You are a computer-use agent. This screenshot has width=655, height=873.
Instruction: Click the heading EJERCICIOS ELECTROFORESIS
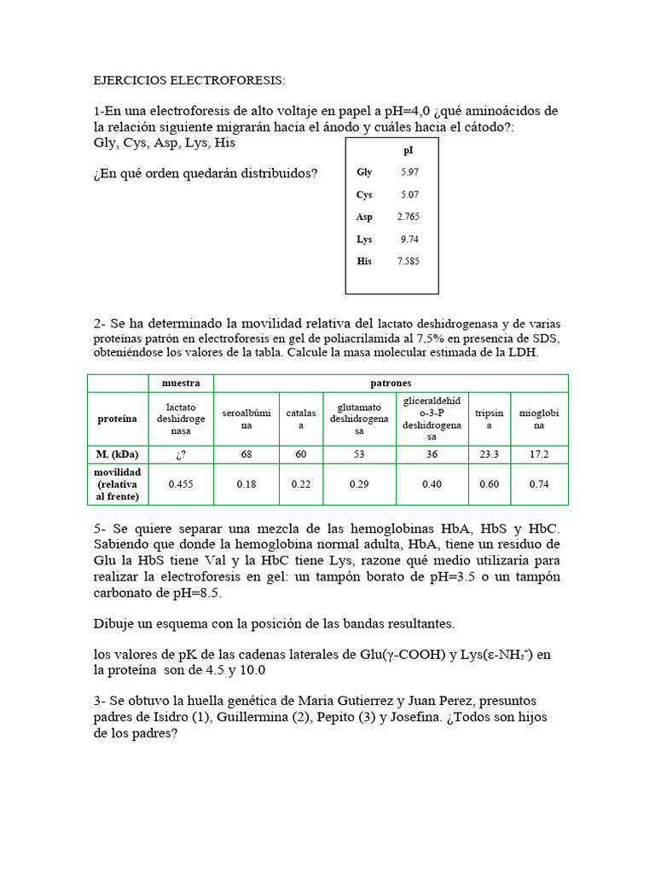[x=189, y=80]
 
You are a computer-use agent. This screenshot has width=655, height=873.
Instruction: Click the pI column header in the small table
[x=409, y=151]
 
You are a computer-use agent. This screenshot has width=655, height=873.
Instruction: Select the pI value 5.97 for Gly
[x=409, y=172]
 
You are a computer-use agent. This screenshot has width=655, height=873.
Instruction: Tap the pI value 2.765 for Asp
[x=409, y=217]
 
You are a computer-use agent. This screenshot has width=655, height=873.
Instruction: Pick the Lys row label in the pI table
[x=364, y=240]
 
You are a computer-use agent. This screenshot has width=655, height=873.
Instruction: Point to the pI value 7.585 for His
[x=409, y=262]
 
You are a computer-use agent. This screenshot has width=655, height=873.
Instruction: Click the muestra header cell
[x=181, y=383]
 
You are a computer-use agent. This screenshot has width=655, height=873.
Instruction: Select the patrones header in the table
[x=391, y=383]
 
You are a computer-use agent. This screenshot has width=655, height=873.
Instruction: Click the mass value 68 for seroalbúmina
[x=246, y=454]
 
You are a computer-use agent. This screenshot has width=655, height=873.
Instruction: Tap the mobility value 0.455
[x=181, y=484]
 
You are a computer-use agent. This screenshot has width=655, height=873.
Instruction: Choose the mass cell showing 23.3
[x=489, y=454]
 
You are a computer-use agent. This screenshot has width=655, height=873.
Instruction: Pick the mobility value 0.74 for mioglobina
[x=539, y=484]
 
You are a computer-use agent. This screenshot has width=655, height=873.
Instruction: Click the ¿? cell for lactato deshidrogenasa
[x=181, y=454]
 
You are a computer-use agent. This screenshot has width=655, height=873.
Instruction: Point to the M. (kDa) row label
[x=118, y=454]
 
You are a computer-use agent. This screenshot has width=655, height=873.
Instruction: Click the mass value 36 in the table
[x=432, y=454]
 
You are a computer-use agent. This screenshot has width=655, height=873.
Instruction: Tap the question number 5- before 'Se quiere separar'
[x=100, y=529]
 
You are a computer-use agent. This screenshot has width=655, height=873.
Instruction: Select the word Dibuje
[x=115, y=624]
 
